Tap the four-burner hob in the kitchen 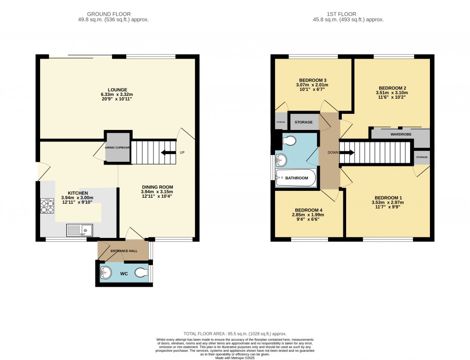47,205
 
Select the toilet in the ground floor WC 141,273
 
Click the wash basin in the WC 106,273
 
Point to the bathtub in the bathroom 296,178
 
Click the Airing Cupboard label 117,148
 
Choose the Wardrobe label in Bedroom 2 400,136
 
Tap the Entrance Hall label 123,250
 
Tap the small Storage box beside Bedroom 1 422,157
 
